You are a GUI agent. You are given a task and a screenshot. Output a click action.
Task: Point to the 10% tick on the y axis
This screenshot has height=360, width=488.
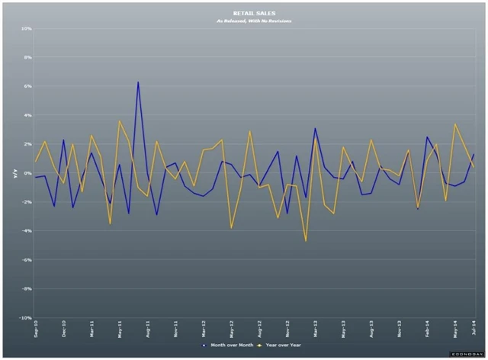coord(26,29)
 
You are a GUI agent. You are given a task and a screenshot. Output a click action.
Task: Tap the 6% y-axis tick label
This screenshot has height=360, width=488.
coord(27,86)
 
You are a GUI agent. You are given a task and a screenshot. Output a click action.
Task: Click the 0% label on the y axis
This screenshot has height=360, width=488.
coord(27,173)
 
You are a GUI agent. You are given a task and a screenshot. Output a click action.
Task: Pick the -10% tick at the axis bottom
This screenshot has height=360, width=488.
coord(25,317)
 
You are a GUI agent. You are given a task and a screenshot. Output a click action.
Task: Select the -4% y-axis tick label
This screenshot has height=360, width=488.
coord(27,231)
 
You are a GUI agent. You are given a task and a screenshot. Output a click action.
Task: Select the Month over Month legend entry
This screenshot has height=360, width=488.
coord(228,345)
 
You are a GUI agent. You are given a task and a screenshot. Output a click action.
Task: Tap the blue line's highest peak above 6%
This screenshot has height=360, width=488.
coord(138,82)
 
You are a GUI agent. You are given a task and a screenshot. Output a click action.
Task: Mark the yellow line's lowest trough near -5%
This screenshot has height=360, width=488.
coord(306,241)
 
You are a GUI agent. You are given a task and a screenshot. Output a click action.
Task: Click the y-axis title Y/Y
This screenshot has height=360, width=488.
coord(14,174)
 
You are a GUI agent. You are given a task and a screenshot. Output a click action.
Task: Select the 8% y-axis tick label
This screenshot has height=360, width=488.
coord(27,57)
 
